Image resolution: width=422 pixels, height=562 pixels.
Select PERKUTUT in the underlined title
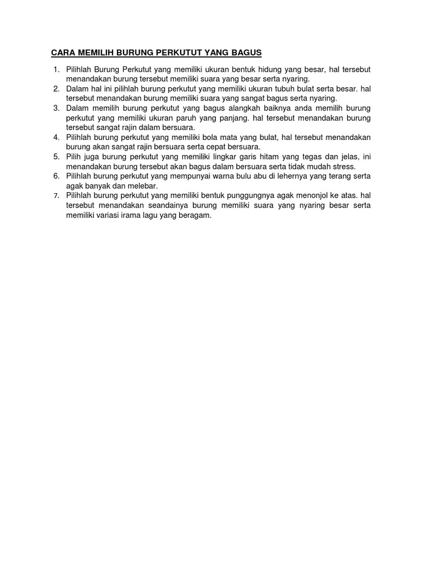pyautogui.click(x=179, y=53)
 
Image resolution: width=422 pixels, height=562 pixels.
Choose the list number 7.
pyautogui.click(x=55, y=196)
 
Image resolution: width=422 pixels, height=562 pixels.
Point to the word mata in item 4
pyautogui.click(x=236, y=138)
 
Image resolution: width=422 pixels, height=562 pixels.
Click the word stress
pyautogui.click(x=344, y=167)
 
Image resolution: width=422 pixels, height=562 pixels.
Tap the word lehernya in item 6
pyautogui.click(x=271, y=177)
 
